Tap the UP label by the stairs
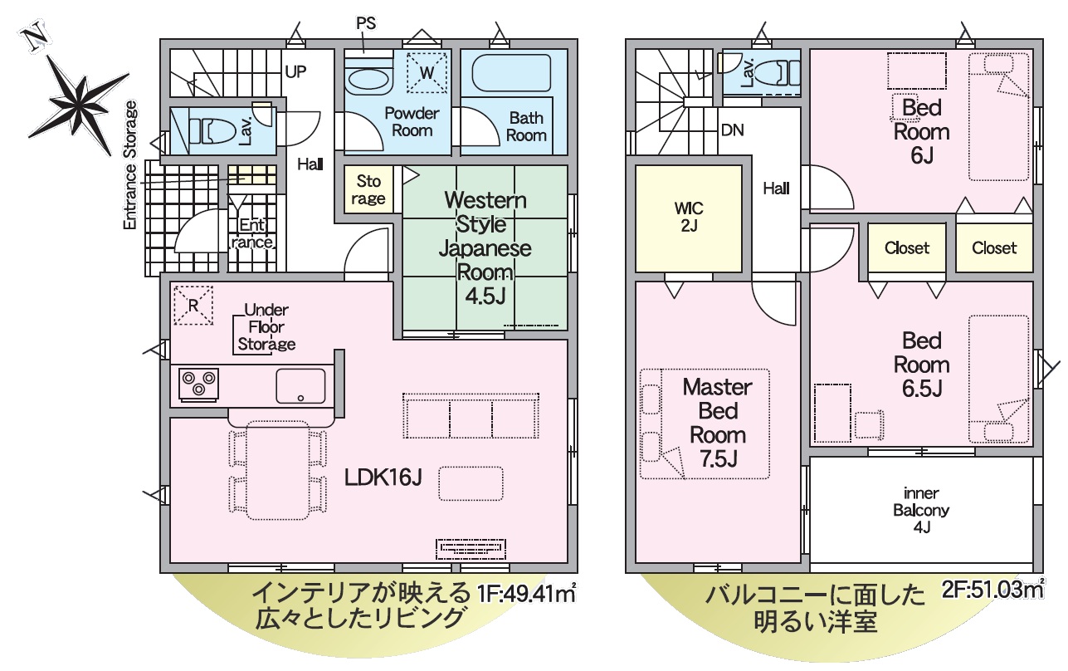pyautogui.click(x=295, y=72)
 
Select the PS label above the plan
pyautogui.click(x=366, y=23)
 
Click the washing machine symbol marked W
pyautogui.click(x=427, y=72)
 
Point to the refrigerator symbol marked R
pyautogui.click(x=193, y=306)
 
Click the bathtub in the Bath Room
pyautogui.click(x=511, y=72)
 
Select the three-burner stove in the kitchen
pyautogui.click(x=199, y=384)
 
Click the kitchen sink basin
pyautogui.click(x=300, y=385)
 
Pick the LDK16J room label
pyautogui.click(x=383, y=477)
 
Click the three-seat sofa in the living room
pyautogui.click(x=471, y=416)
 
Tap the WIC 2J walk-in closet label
pyautogui.click(x=689, y=217)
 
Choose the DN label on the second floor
pyautogui.click(x=733, y=130)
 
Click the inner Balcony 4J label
pyautogui.click(x=921, y=510)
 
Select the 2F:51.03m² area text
pyautogui.click(x=992, y=590)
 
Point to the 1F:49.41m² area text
pyautogui.click(x=526, y=593)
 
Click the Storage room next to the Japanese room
pyautogui.click(x=368, y=189)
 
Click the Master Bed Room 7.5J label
pyautogui.click(x=718, y=423)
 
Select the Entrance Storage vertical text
pyautogui.click(x=129, y=164)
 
